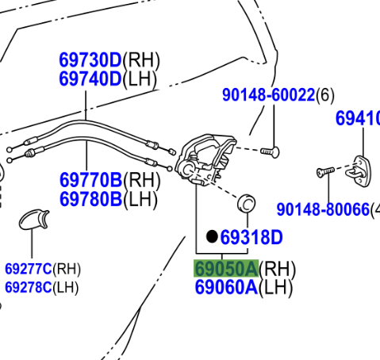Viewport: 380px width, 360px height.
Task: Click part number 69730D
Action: click(90, 60)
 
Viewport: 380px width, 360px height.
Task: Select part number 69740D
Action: click(90, 79)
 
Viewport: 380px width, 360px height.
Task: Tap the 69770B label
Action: click(91, 180)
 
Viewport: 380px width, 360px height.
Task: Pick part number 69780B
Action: click(91, 199)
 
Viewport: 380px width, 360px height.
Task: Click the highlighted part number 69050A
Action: click(226, 269)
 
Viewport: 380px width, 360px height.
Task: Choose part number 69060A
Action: click(226, 287)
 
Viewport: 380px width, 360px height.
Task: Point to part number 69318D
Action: click(251, 237)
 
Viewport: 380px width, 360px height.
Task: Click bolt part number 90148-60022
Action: click(269, 95)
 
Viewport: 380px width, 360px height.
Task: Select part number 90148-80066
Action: click(323, 209)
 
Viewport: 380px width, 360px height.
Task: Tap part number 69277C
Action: click(29, 269)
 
